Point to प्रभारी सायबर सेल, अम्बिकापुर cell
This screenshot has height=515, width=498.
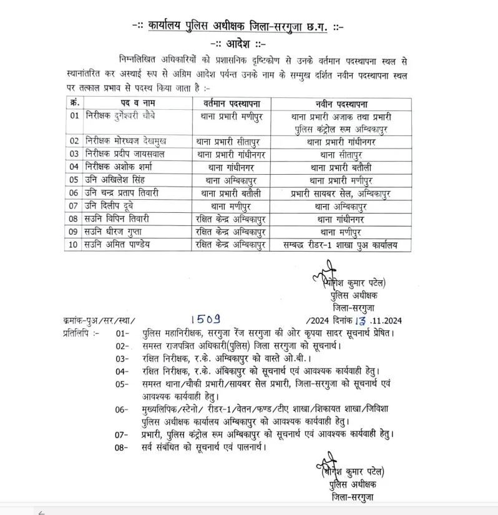(x=340, y=193)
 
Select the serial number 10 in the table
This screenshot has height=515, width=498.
(x=74, y=244)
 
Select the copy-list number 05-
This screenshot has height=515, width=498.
(x=122, y=384)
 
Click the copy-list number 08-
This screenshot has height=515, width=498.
(x=122, y=447)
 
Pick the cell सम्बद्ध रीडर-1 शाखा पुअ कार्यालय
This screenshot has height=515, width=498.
(x=340, y=244)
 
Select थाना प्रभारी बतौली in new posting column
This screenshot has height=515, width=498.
(x=340, y=167)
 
